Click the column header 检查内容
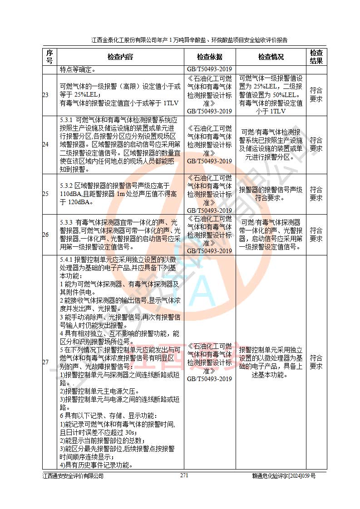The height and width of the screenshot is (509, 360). [x=120, y=57]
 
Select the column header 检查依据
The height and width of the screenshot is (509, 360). [x=209, y=57]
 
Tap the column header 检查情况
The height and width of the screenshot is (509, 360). [x=271, y=57]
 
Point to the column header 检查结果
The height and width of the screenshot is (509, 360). [x=316, y=57]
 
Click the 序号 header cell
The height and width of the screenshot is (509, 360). [x=49, y=57]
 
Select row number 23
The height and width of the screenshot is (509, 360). [x=45, y=95]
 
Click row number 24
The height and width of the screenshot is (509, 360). [x=45, y=144]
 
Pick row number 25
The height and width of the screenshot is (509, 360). [x=45, y=194]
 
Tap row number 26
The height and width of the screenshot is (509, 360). [x=45, y=235]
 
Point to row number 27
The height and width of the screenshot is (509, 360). [x=45, y=362]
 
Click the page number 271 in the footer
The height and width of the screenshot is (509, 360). [x=184, y=475]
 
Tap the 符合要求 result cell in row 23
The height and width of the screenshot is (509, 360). [x=316, y=95]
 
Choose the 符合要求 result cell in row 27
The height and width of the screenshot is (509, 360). [x=316, y=362]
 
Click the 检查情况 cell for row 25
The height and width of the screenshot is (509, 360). [x=271, y=194]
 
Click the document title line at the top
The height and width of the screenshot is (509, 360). [x=189, y=40]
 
